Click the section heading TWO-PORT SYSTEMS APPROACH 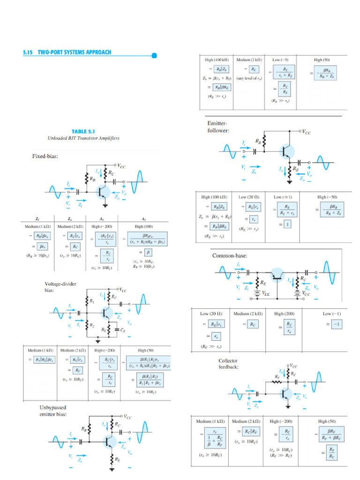(67, 52)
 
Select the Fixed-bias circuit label (45, 156)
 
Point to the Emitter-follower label (218, 127)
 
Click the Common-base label (230, 256)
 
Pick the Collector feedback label (229, 364)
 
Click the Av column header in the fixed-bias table (103, 218)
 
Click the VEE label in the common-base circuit (265, 294)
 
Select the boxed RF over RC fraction (332, 452)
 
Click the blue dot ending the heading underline (154, 55)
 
